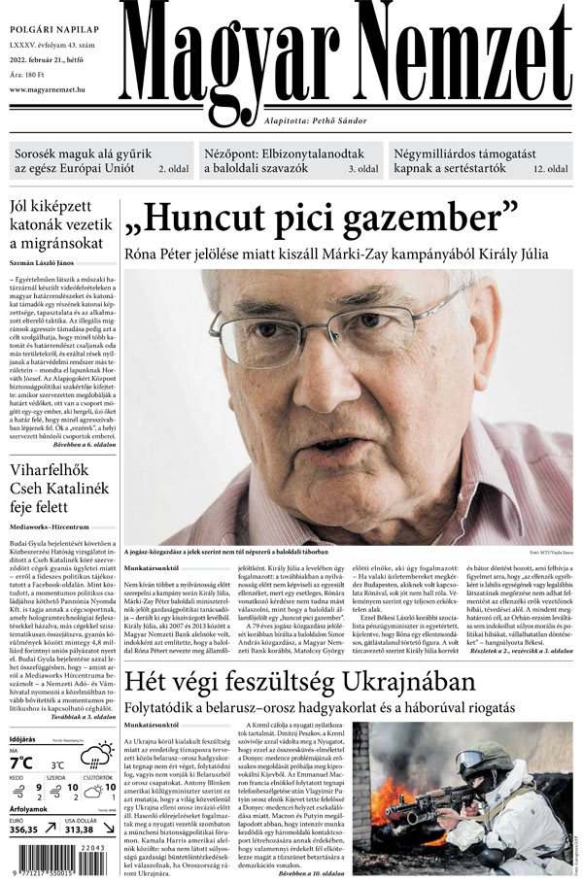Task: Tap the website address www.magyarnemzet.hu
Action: [58, 90]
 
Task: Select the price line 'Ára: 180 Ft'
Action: [35, 74]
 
